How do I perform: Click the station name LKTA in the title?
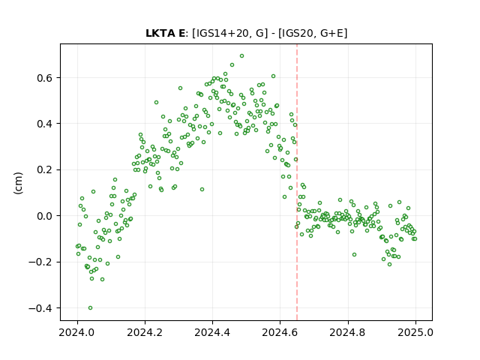160,33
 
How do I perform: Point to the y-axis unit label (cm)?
18,183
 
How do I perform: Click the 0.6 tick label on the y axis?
45,78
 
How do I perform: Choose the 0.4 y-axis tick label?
45,124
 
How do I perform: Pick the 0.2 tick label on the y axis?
45,170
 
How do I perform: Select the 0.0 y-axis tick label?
45,216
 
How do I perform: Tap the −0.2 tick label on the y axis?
40,262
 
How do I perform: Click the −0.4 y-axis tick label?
40,308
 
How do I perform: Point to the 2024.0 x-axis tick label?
77,332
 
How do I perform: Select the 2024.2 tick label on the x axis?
145,332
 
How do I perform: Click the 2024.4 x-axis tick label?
212,332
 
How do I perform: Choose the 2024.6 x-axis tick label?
280,332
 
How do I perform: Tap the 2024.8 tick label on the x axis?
348,332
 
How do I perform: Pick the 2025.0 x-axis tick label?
415,332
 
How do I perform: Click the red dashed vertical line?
297,182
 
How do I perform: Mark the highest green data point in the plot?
241,56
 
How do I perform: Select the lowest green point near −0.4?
90,308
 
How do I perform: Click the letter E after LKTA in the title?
181,33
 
